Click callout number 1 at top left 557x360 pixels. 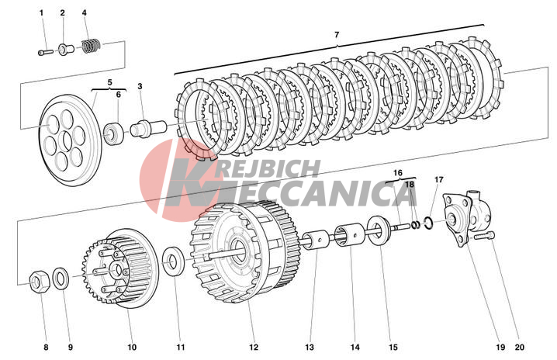coord(42,13)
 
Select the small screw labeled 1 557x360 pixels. coord(45,52)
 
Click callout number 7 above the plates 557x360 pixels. coord(337,36)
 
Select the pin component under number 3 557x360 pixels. coord(145,126)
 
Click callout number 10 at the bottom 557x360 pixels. coord(132,347)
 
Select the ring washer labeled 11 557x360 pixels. coord(174,258)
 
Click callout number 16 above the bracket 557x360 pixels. coord(397,173)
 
